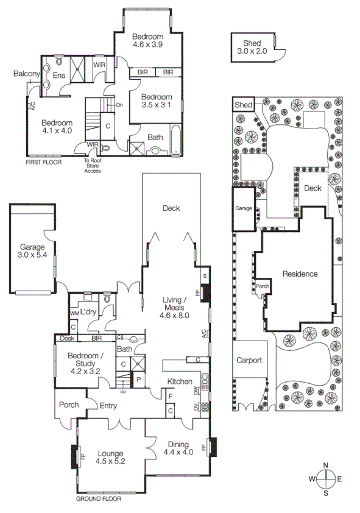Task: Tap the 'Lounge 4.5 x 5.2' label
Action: point(110,458)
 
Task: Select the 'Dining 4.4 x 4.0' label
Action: point(179,448)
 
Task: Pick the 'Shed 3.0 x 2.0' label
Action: point(252,47)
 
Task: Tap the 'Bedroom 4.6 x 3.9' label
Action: point(148,41)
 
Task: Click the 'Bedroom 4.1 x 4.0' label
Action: point(57,126)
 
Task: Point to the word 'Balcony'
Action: point(26,74)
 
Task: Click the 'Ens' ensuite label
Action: point(58,76)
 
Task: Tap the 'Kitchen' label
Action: point(180,381)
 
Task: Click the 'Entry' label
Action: point(108,406)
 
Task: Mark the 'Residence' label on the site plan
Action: point(300,274)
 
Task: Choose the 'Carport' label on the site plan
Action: point(249,360)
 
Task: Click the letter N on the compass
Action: point(326,466)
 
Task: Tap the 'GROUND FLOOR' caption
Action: point(98,498)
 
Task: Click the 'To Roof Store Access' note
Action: point(93,166)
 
